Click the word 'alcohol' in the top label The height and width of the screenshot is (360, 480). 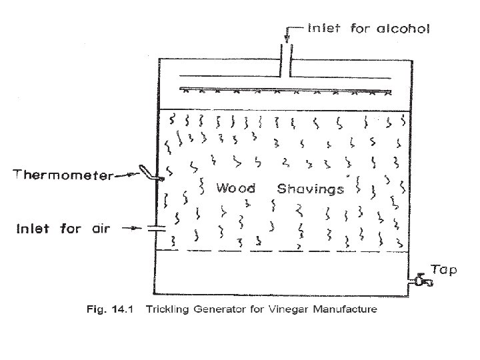coord(403,29)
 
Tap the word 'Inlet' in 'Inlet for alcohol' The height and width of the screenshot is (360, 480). coord(325,29)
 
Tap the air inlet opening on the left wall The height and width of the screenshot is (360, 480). coord(155,229)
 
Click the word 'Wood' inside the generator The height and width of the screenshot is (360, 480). coord(235,189)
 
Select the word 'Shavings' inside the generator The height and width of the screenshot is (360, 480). coord(310,189)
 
